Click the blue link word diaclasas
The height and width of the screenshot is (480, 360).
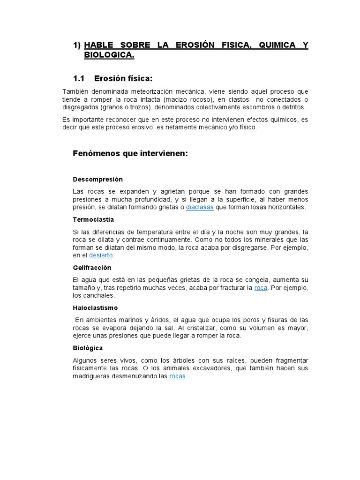[x=200, y=207]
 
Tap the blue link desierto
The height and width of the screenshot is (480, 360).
[x=101, y=255]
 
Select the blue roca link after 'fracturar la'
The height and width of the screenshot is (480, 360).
[x=261, y=287]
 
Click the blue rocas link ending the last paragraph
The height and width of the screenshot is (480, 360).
[x=177, y=376]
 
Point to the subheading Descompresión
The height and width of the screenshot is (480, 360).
[x=97, y=179]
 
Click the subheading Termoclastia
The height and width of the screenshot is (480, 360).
[x=93, y=219]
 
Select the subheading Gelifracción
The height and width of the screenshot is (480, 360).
[x=92, y=268]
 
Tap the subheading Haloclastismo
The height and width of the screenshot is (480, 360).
[x=95, y=308]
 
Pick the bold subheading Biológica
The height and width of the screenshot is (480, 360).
[x=88, y=348]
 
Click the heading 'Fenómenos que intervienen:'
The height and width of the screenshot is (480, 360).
[x=130, y=153]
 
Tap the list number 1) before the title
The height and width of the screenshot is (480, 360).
[x=77, y=45]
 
